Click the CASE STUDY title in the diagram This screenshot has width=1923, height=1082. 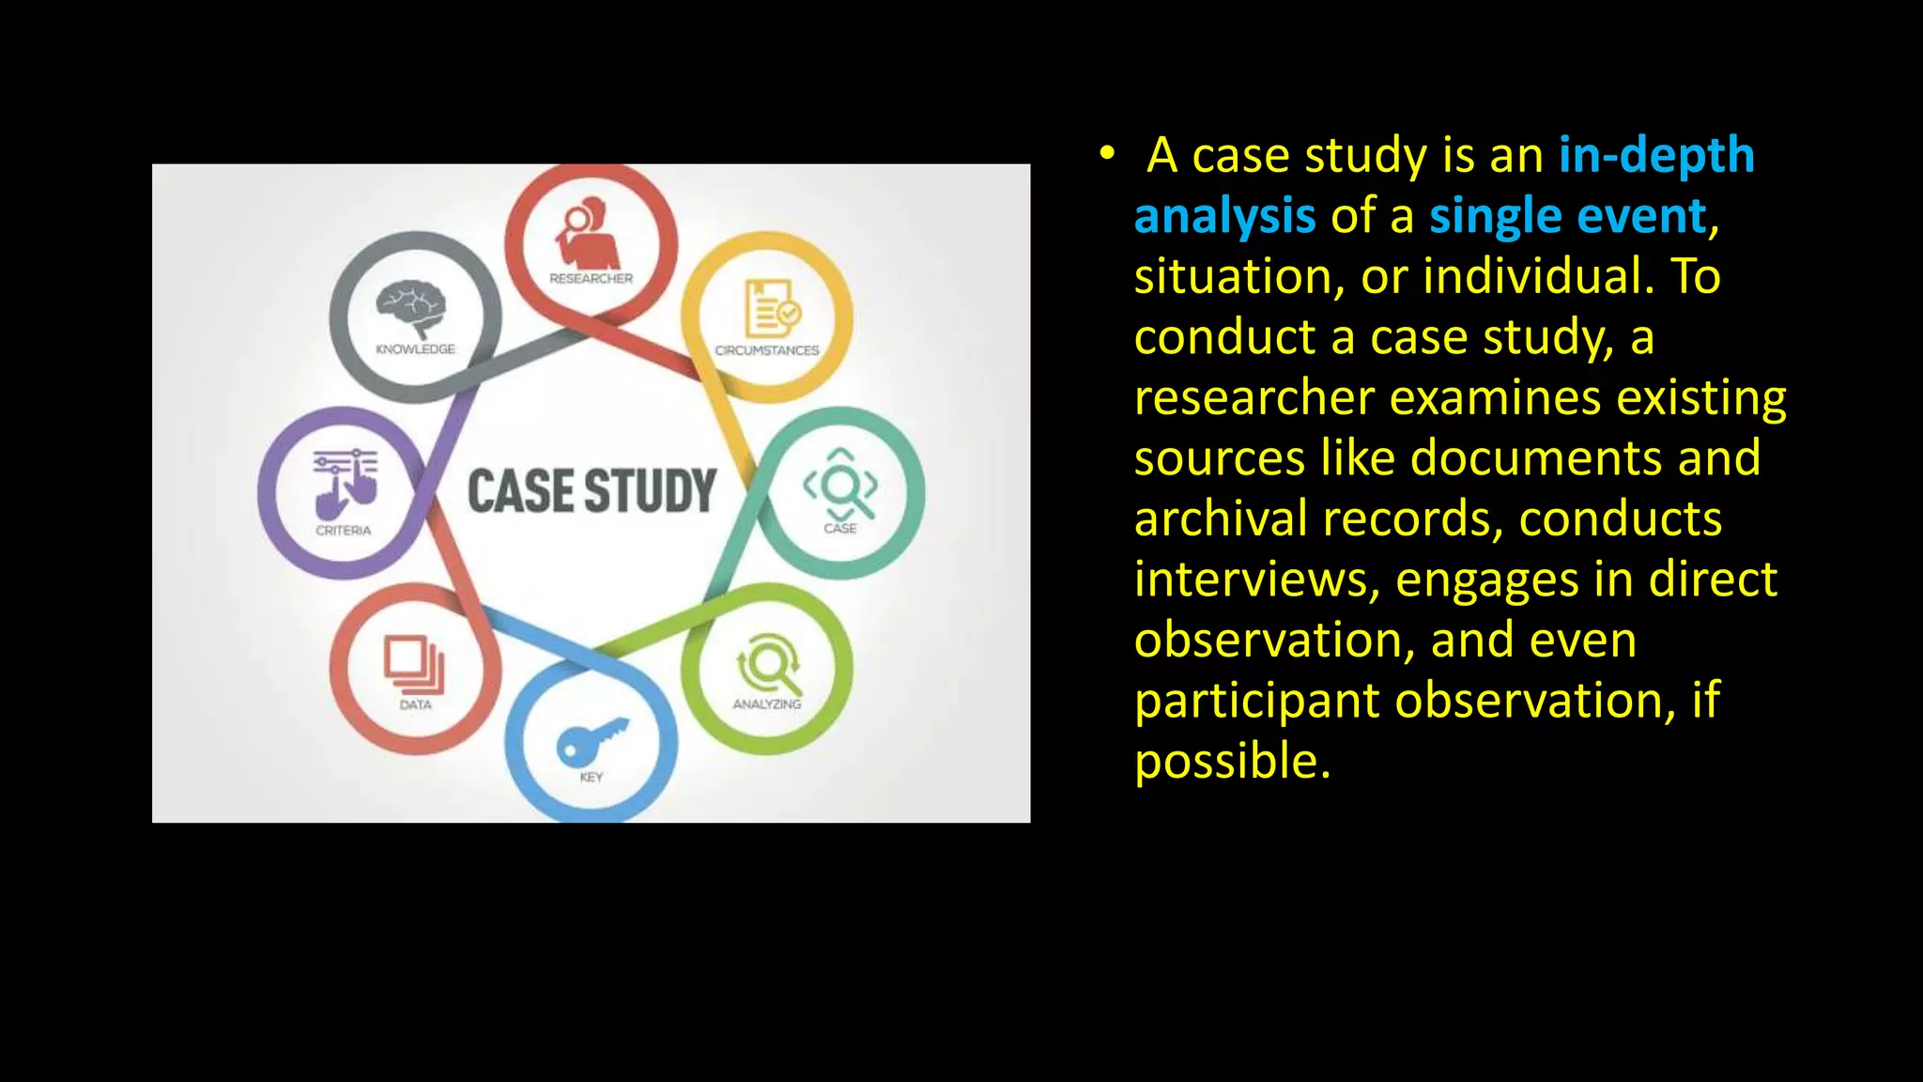tap(592, 491)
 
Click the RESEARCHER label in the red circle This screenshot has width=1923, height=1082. tap(591, 279)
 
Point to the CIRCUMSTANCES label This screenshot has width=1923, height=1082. tap(767, 350)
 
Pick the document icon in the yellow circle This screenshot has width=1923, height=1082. tap(771, 308)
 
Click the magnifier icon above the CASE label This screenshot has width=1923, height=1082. tap(840, 485)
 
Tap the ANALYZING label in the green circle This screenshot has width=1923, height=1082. tap(767, 704)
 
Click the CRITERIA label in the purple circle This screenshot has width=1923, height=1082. tap(343, 531)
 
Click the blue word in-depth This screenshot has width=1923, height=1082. tap(1656, 155)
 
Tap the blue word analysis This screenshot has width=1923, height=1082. tap(1224, 216)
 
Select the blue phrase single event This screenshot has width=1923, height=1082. tap(1567, 216)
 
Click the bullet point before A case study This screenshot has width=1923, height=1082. tap(1108, 153)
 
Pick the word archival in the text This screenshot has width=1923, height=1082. tap(1220, 518)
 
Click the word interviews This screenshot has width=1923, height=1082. tap(1255, 580)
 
